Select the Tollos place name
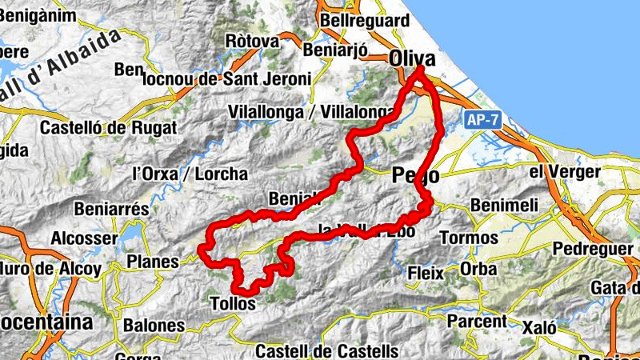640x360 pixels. (x=233, y=304)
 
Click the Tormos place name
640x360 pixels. (x=469, y=238)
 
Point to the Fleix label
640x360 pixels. (x=426, y=272)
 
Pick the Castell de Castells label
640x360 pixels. (x=326, y=350)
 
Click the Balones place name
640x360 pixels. (x=154, y=326)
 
